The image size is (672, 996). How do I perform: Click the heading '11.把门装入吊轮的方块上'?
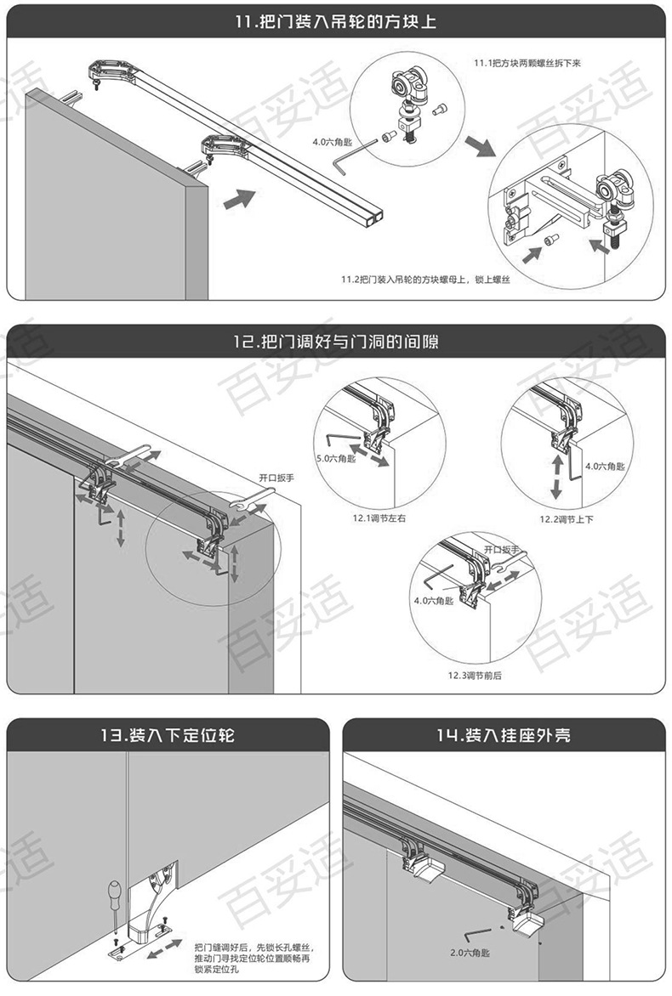(x=335, y=20)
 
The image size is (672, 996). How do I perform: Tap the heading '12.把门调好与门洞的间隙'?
(x=335, y=342)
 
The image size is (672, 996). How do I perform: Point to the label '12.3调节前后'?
(x=476, y=676)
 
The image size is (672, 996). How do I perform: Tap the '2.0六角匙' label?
(x=469, y=953)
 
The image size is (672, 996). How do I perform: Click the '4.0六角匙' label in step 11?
(x=333, y=142)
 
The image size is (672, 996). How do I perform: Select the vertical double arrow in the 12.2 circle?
(x=557, y=477)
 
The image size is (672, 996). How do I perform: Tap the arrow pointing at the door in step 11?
(x=241, y=200)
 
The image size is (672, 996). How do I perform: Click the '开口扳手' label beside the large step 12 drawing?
(x=276, y=478)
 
